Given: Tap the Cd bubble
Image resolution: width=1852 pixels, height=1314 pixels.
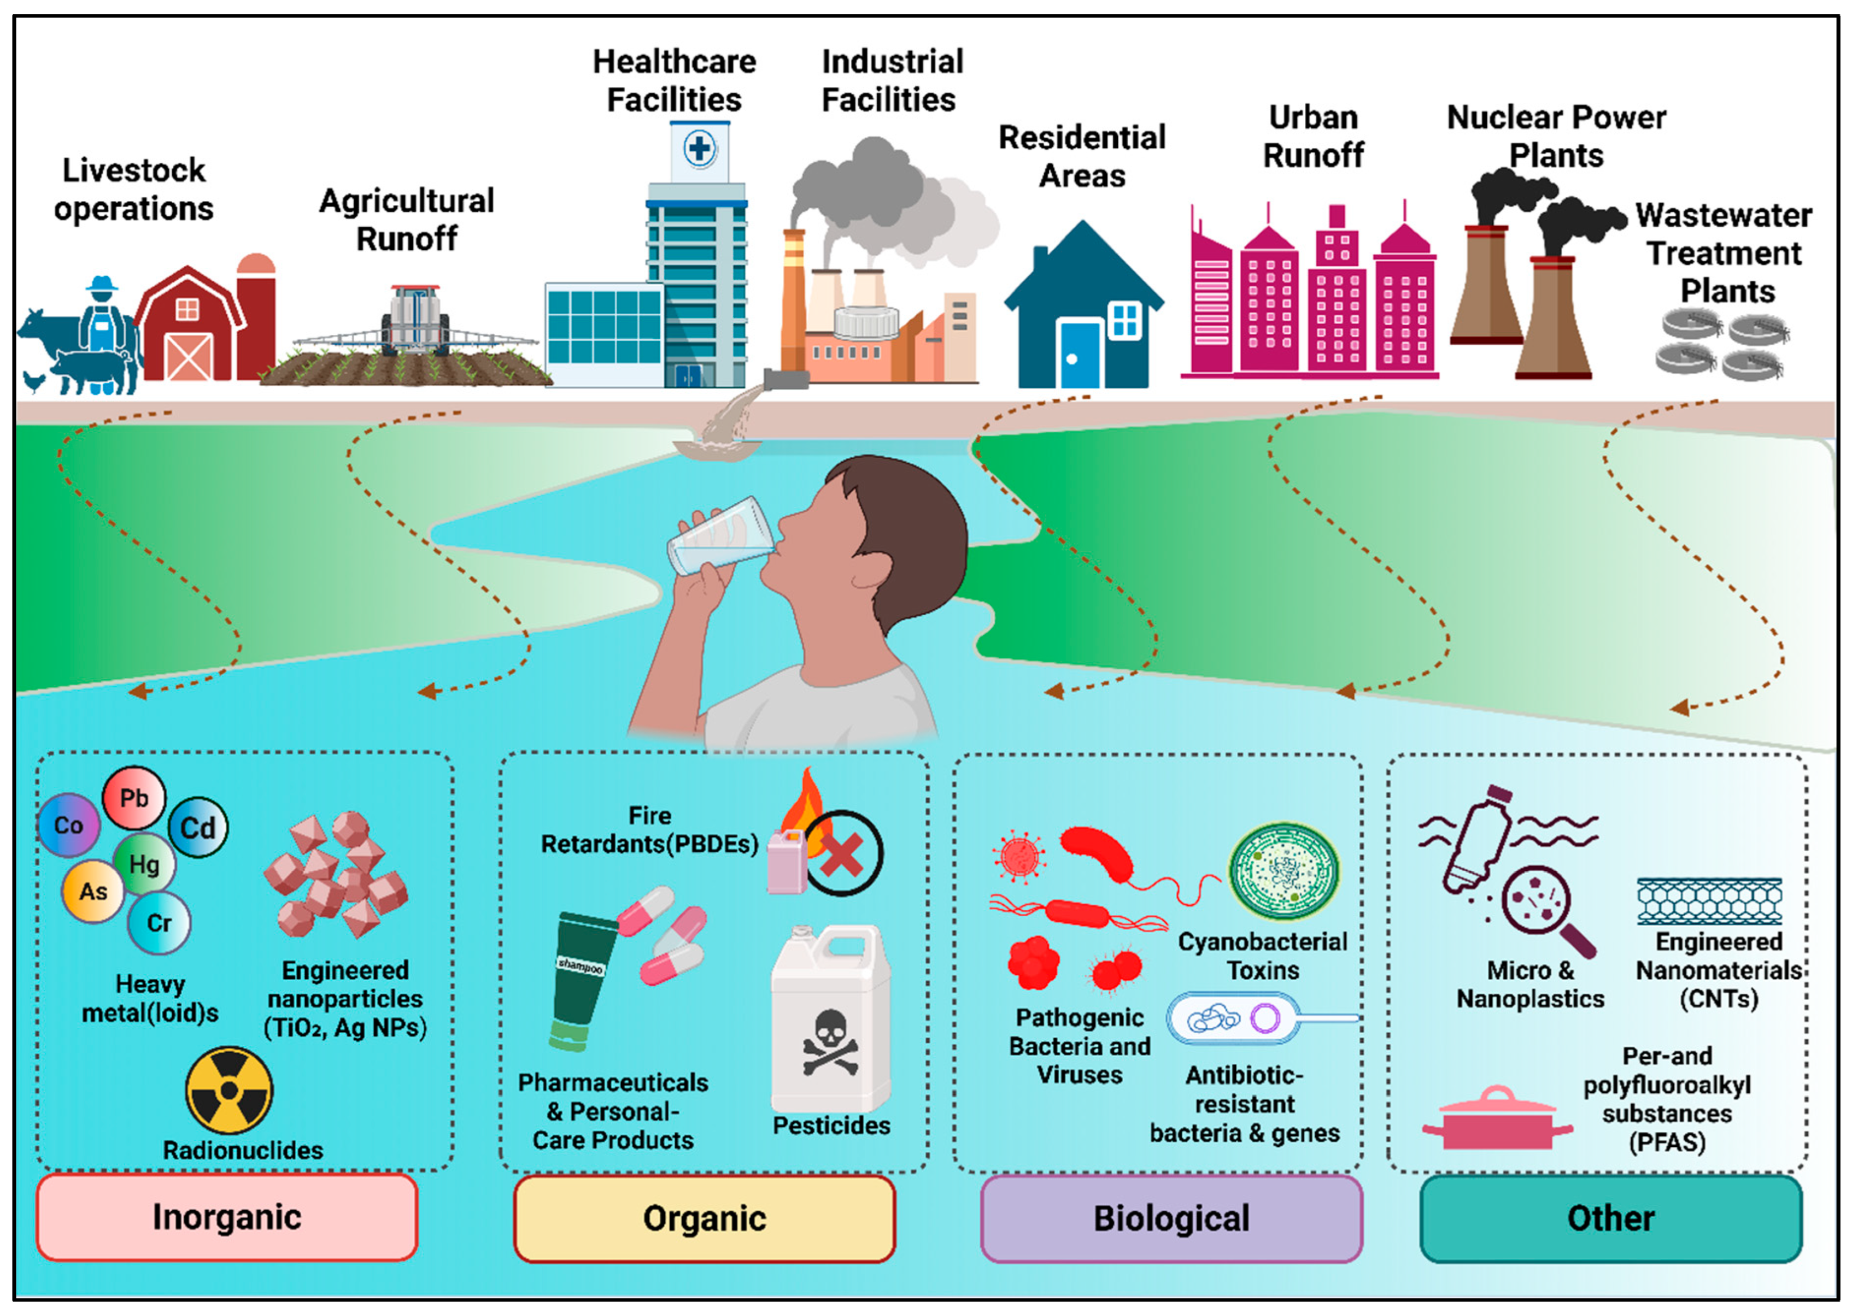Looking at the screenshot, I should pyautogui.click(x=197, y=827).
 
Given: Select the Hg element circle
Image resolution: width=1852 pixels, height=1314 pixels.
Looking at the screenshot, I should pyautogui.click(x=144, y=864).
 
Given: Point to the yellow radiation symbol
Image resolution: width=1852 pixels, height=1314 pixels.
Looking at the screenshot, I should pyautogui.click(x=229, y=1090).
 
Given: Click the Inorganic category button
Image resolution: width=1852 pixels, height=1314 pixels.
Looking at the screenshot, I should pyautogui.click(x=227, y=1217).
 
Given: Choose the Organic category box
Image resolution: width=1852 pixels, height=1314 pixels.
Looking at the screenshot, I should pyautogui.click(x=704, y=1218).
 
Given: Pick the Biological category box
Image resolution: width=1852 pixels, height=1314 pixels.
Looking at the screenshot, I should pyautogui.click(x=1171, y=1218).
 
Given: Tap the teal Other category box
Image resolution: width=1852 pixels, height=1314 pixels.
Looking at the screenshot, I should pyautogui.click(x=1611, y=1218).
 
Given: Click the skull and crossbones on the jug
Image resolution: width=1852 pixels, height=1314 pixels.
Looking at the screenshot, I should pyautogui.click(x=830, y=1044).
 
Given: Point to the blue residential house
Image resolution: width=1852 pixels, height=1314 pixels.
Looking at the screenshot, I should pyautogui.click(x=1083, y=311).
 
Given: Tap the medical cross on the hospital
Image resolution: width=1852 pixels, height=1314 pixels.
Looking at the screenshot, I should pyautogui.click(x=699, y=149).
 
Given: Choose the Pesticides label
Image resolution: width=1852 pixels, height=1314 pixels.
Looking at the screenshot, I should pyautogui.click(x=831, y=1126).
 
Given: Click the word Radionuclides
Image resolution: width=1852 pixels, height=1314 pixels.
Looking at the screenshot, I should pyautogui.click(x=243, y=1150).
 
